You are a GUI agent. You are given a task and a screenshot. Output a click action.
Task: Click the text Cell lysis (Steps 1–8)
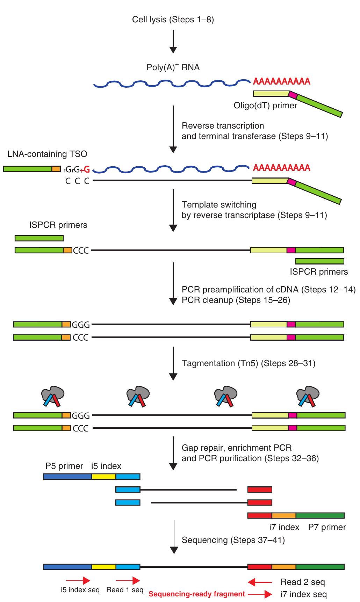tap(173, 20)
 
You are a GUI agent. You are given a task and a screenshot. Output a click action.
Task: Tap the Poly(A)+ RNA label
tap(173, 67)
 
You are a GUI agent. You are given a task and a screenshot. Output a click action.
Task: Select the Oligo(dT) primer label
tap(265, 105)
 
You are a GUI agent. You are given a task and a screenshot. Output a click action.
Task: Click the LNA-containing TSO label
tap(47, 154)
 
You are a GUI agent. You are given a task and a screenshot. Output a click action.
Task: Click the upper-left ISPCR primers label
tap(58, 225)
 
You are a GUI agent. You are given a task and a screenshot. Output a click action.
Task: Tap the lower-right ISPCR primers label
tap(319, 271)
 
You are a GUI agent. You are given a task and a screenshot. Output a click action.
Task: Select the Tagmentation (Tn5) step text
tap(248, 363)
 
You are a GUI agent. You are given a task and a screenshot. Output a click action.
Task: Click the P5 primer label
tap(64, 466)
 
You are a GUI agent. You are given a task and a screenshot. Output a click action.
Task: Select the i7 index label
tap(284, 527)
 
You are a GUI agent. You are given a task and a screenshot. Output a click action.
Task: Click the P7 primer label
tap(327, 527)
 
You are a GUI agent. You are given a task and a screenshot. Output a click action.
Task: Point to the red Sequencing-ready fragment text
tap(197, 594)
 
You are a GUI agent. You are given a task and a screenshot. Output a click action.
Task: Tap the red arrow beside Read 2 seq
tap(259, 582)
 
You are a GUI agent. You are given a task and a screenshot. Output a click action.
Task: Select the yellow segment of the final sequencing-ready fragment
tap(104, 567)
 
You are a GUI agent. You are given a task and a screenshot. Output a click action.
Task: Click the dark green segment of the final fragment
tap(320, 567)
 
